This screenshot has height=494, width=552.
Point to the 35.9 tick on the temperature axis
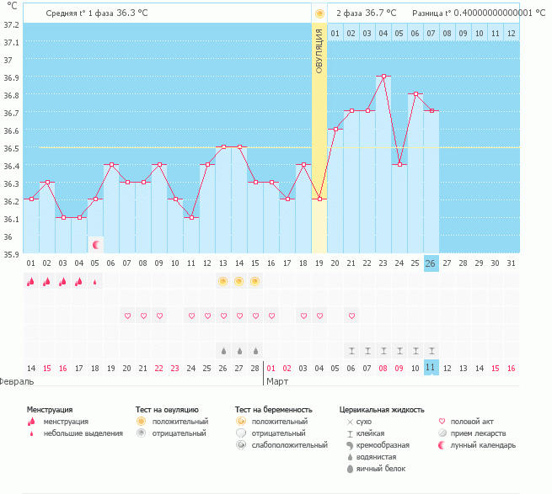pyautogui.click(x=11, y=254)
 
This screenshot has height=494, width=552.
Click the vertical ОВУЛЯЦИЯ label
pyautogui.click(x=319, y=50)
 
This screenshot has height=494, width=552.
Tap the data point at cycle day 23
pyautogui.click(x=383, y=76)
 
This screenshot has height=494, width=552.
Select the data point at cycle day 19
pyautogui.click(x=319, y=199)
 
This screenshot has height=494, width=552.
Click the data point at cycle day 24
pyautogui.click(x=399, y=164)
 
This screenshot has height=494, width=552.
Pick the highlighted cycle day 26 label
pyautogui.click(x=431, y=263)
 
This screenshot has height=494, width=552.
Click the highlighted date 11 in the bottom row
pyautogui.click(x=431, y=368)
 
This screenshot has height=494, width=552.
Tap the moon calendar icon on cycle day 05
pyautogui.click(x=96, y=244)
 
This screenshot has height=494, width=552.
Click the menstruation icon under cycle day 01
pyautogui.click(x=31, y=282)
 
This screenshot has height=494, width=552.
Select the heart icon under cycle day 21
pyautogui.click(x=351, y=316)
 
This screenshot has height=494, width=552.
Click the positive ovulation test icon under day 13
pyautogui.click(x=223, y=281)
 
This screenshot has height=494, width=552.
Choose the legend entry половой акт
pyautogui.click(x=469, y=421)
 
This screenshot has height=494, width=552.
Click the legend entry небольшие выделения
pyautogui.click(x=83, y=433)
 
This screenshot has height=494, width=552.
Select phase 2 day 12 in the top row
pyautogui.click(x=512, y=33)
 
